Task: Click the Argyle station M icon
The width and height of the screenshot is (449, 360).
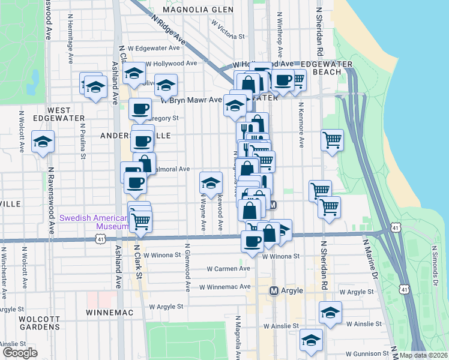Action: pos(274,290)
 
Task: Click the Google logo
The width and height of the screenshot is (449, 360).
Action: pos(19,353)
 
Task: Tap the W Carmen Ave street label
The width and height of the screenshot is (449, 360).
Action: pos(229,268)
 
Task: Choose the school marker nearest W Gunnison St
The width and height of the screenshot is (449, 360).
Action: pos(311,339)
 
